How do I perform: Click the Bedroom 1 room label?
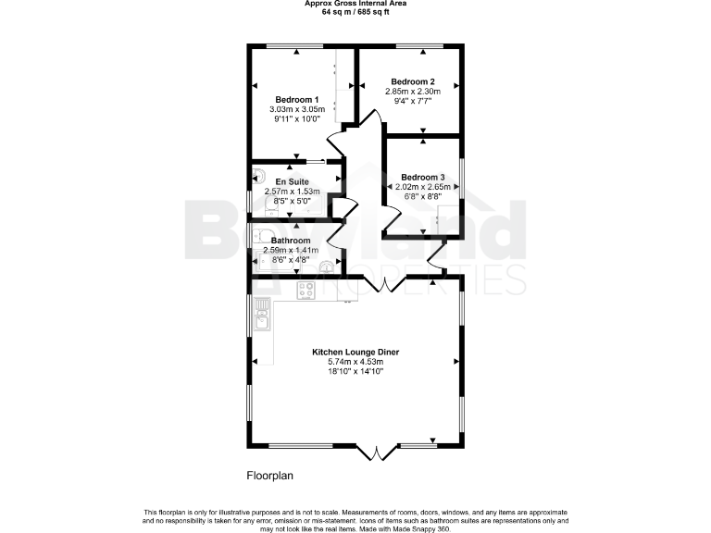click(x=296, y=99)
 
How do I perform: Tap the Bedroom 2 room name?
click(x=412, y=81)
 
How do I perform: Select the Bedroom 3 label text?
click(x=422, y=177)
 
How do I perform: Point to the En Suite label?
click(x=293, y=181)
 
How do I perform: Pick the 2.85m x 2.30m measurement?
click(x=413, y=92)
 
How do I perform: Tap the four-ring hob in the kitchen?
click(x=306, y=291)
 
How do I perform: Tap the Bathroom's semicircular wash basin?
click(x=325, y=268)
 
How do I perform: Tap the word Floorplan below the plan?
click(x=269, y=476)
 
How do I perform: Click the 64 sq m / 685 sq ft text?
click(x=356, y=13)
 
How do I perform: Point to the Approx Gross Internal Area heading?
click(x=356, y=4)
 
